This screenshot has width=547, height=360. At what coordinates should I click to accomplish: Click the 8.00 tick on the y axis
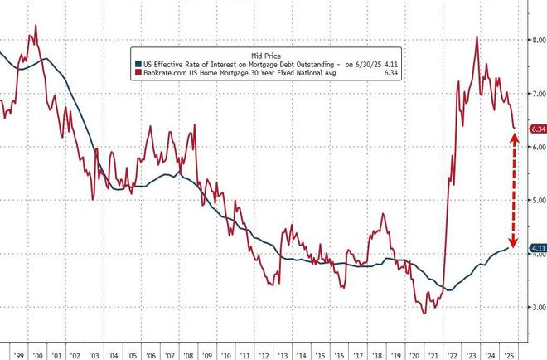pyautogui.click(x=537, y=38)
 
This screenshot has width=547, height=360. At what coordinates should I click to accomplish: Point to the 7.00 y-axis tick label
pyautogui.click(x=537, y=93)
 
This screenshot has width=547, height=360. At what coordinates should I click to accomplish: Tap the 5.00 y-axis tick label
pyautogui.click(x=537, y=200)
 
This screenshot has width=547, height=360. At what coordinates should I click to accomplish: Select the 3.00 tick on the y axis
pyautogui.click(x=537, y=308)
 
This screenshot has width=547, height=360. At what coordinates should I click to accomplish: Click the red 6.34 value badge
pyautogui.click(x=537, y=129)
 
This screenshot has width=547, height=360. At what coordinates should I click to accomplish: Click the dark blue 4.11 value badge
pyautogui.click(x=537, y=248)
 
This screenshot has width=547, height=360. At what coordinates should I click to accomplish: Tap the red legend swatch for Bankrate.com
pyautogui.click(x=138, y=73)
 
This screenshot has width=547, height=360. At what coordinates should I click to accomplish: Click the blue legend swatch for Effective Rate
pyautogui.click(x=138, y=63)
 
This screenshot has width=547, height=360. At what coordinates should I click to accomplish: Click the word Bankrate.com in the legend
pyautogui.click(x=166, y=73)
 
